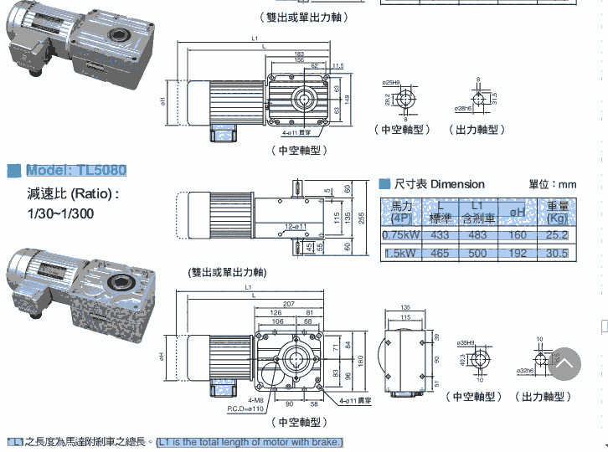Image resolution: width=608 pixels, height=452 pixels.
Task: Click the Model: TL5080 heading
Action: pyautogui.click(x=76, y=171)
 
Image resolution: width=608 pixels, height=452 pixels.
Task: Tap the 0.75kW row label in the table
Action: pyautogui.click(x=399, y=235)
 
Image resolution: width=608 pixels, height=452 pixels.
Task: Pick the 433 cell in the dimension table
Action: pyautogui.click(x=440, y=235)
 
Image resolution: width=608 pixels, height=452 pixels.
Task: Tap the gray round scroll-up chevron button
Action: pyautogui.click(x=565, y=363)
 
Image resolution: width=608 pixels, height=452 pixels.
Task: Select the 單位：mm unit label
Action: pyautogui.click(x=552, y=184)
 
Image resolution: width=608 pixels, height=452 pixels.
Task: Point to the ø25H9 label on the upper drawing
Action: pyautogui.click(x=390, y=82)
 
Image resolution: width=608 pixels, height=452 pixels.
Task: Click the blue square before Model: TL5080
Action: pyautogui.click(x=13, y=172)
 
